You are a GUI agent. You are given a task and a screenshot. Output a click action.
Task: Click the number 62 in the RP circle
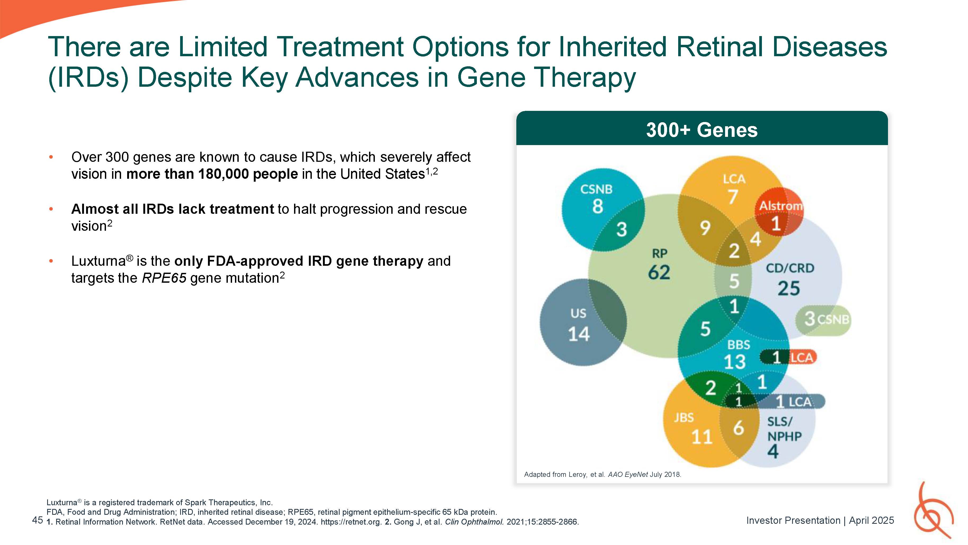[x=659, y=272]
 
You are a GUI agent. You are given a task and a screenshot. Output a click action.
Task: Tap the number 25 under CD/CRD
[x=788, y=289]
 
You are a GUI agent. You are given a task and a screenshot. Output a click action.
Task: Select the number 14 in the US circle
[x=579, y=334]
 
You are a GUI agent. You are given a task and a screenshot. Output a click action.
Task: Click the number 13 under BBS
[x=735, y=362]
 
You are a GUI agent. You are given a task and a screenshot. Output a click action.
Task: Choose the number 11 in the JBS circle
[x=701, y=437]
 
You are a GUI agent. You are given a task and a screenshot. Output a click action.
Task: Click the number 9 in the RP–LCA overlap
[x=705, y=228]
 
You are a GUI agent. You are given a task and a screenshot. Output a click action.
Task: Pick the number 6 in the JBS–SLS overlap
[x=738, y=428]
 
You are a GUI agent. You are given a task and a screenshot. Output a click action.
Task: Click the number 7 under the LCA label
[x=733, y=197]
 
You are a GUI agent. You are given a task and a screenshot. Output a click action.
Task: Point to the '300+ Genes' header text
[x=701, y=130]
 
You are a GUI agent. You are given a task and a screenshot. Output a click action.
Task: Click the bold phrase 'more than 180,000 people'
[x=212, y=174]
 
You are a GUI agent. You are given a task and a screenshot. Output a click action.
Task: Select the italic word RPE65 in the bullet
[x=164, y=278]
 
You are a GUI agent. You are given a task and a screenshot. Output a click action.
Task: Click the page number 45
[x=38, y=520]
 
